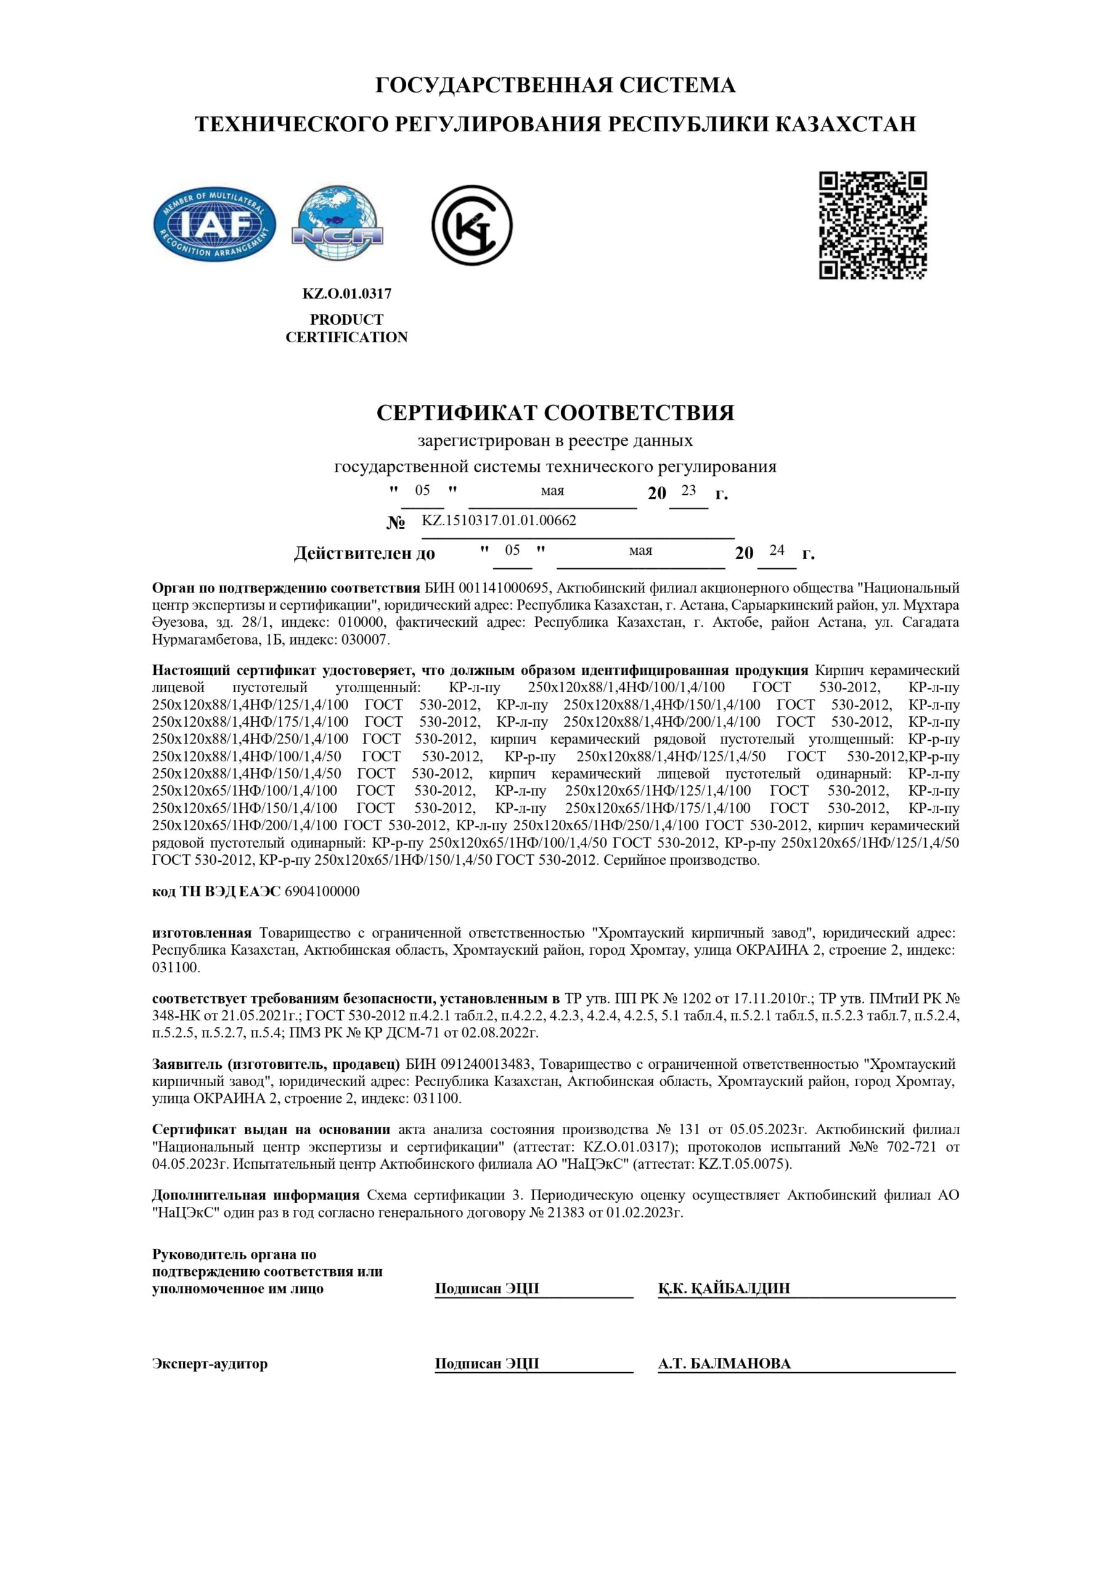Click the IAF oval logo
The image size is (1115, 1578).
pos(214,226)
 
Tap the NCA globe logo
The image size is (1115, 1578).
pos(338,224)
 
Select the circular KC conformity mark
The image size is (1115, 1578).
pos(472,225)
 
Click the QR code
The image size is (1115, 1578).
pos(872,226)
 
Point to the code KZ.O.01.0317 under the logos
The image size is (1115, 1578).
pos(346,293)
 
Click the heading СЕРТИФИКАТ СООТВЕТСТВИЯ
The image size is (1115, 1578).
pos(555,412)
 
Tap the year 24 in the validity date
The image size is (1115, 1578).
pos(776,550)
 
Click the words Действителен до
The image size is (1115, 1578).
pos(364,554)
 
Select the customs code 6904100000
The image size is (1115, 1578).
pos(322,891)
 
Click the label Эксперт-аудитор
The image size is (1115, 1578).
pos(210,1363)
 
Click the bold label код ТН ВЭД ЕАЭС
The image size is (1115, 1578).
pos(216,891)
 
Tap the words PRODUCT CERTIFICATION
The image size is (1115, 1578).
pos(346,329)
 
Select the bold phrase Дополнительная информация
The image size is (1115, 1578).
pos(256,1195)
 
